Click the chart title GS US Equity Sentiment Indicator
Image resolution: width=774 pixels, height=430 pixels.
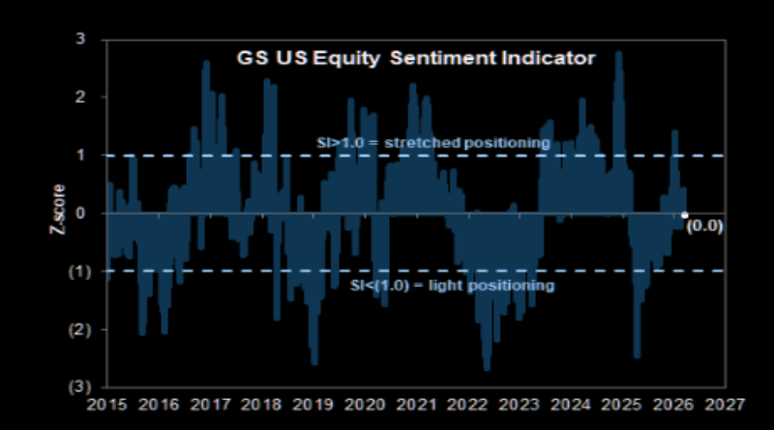[x=416, y=57]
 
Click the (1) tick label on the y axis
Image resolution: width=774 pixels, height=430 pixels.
[x=81, y=272]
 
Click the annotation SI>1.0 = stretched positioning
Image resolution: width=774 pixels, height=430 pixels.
[x=433, y=143]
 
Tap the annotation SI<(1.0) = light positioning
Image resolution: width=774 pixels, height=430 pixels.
[x=451, y=286]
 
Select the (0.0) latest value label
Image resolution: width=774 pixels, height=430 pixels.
[x=704, y=228]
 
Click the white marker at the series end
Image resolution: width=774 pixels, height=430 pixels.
[x=685, y=215]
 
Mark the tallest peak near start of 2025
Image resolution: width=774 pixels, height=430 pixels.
[x=618, y=53]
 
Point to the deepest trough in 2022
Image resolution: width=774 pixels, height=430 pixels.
[x=487, y=368]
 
